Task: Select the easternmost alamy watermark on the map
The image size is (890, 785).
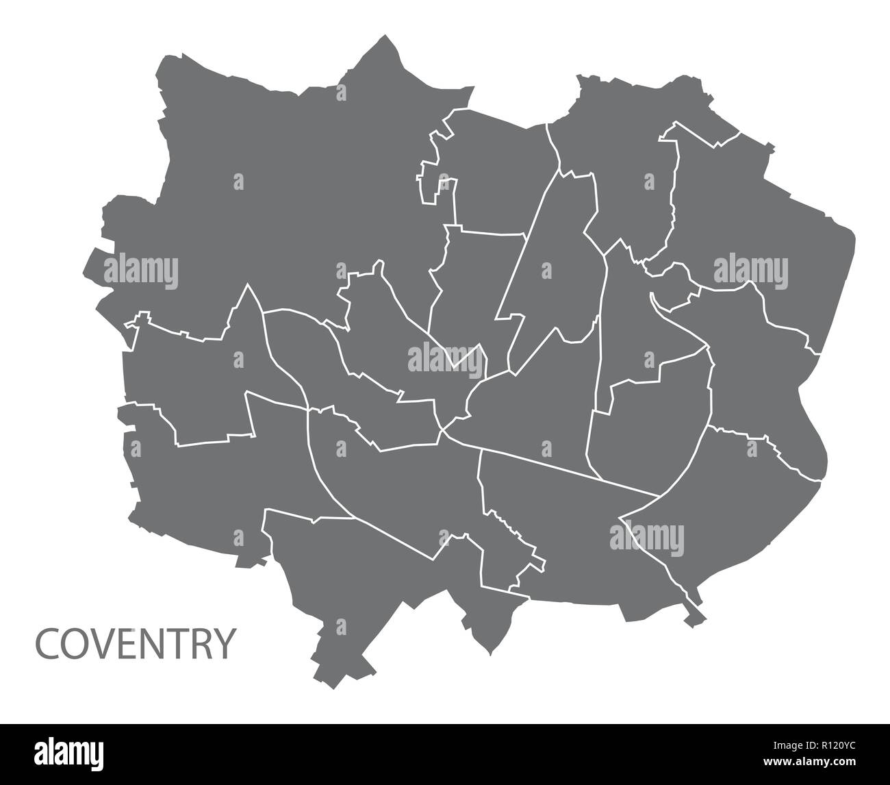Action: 751,270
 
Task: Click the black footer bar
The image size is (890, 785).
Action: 445,753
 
